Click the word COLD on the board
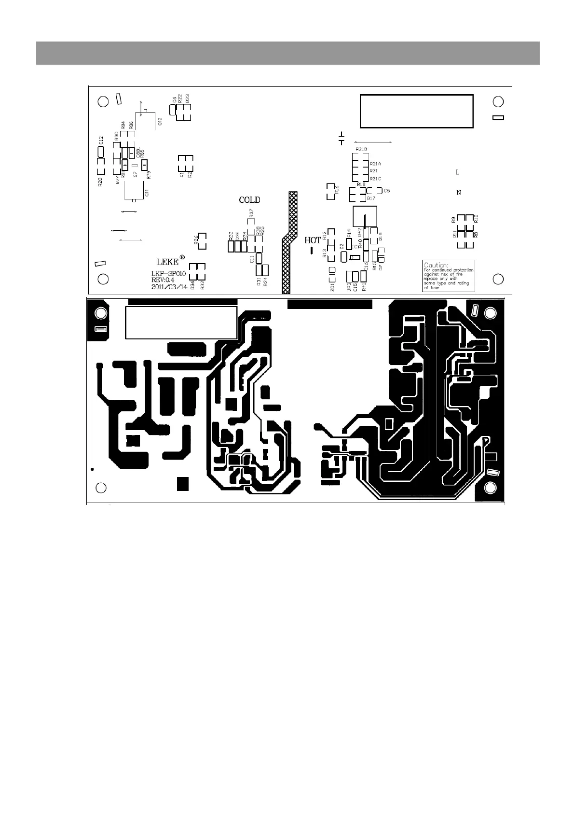250,200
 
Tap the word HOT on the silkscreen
313,240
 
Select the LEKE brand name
167,262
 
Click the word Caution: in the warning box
436,265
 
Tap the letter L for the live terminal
458,172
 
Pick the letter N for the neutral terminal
459,193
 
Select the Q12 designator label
160,121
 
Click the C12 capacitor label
101,140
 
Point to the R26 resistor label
196,240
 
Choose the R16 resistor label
337,189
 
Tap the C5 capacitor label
387,191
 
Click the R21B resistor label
361,149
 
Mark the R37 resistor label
251,213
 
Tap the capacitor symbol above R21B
342,138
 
